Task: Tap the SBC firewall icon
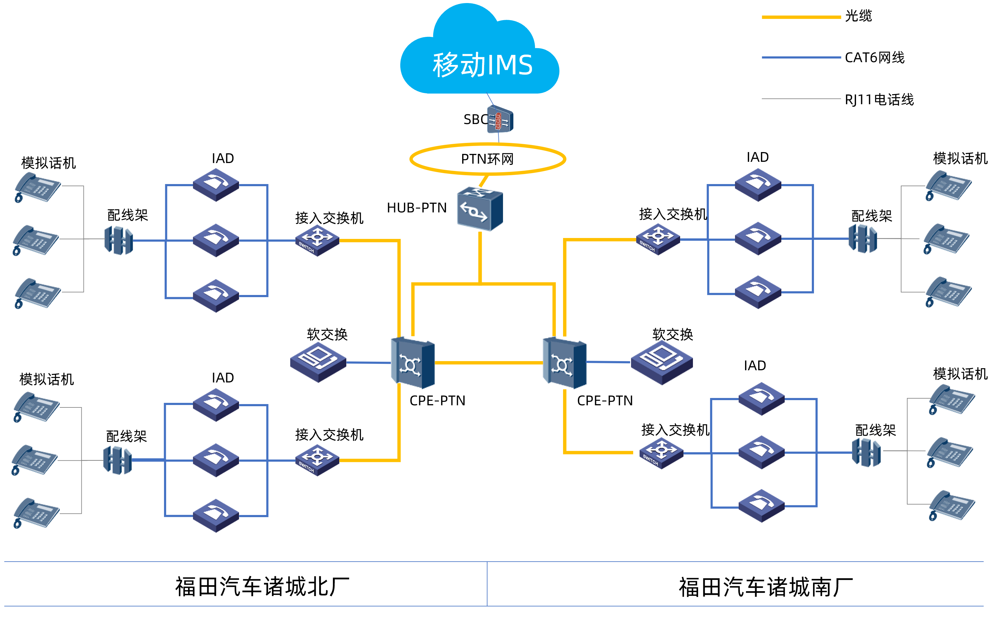500,120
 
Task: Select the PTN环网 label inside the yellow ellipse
487,159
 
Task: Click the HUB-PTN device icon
480,209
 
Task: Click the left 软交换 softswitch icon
318,362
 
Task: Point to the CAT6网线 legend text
875,58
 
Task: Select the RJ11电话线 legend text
879,99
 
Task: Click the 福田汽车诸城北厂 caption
262,587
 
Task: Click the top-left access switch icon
317,240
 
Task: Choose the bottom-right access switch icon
661,453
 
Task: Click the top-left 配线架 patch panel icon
119,240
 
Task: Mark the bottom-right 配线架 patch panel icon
866,453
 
